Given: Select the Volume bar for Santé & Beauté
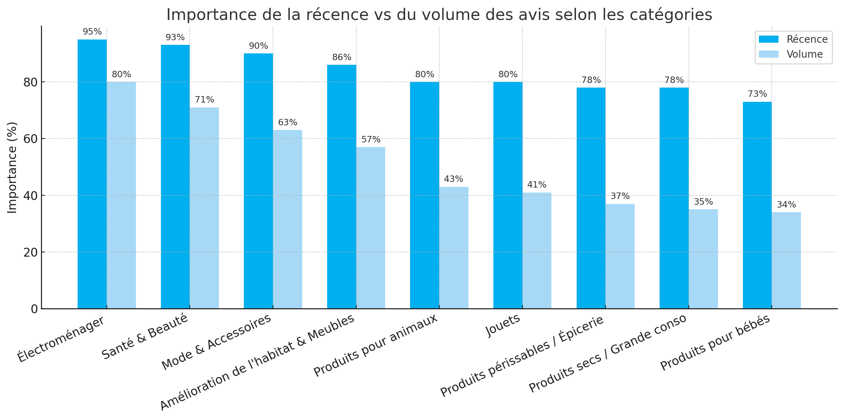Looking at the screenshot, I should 204,208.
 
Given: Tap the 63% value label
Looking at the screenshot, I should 287,122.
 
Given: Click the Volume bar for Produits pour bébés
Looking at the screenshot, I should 786,260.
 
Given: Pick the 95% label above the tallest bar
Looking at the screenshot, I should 92,32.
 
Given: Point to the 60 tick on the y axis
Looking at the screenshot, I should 31,139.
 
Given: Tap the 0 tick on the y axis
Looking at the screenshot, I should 34,309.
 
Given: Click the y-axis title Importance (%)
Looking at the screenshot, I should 12,167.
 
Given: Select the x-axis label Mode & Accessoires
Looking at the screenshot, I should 216,342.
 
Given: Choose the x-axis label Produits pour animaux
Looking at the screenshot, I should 375,345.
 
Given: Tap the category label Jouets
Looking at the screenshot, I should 503,325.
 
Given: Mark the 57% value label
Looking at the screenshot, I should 371,140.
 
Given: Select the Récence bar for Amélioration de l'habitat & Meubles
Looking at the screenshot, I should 341,187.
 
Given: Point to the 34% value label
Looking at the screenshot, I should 786,205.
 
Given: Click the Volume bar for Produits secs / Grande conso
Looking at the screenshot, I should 703,259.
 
